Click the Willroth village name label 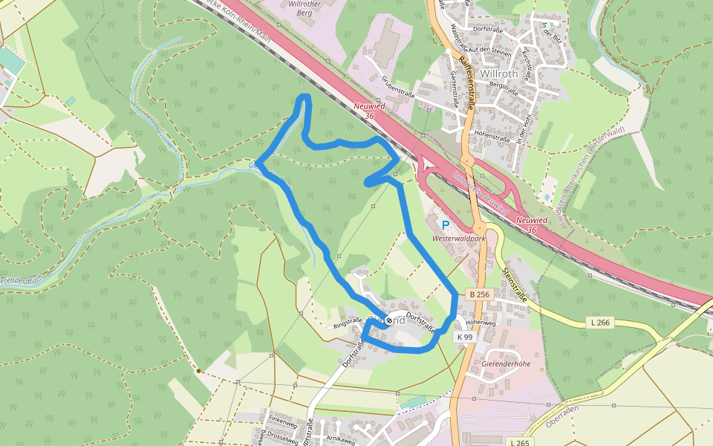coord(499,74)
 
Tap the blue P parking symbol coord(446,225)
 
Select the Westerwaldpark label coord(458,239)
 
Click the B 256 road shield coord(479,295)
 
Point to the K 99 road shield coord(465,337)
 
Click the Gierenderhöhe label coord(506,363)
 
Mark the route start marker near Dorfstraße coord(388,320)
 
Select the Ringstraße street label coord(347,323)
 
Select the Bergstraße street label coord(504,85)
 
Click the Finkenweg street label coord(282,421)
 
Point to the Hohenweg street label coord(480,323)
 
